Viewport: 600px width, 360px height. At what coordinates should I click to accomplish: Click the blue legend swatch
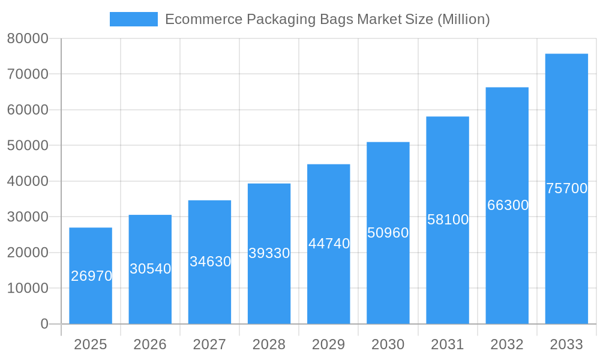pos(134,19)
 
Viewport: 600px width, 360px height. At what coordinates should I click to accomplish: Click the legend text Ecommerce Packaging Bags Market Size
pos(327,19)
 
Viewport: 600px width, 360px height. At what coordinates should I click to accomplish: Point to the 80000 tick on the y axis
pos(28,38)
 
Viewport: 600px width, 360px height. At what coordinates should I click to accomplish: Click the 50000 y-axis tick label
pos(28,146)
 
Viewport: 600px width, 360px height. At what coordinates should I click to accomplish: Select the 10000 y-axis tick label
pos(28,288)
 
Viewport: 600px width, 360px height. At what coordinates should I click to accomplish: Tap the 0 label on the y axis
pos(44,324)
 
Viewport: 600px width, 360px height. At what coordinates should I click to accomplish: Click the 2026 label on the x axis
pos(150,344)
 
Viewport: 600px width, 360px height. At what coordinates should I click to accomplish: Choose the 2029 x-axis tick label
pos(328,344)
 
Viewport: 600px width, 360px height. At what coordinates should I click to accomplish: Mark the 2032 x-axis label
pos(507,344)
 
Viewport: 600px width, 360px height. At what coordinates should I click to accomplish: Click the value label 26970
pos(91,276)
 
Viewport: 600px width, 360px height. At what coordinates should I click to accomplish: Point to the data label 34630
pos(210,262)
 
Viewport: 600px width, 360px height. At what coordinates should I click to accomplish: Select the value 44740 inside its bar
pos(329,244)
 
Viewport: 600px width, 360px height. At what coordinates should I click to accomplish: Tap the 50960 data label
pos(388,233)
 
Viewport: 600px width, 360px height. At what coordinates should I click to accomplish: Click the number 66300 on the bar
pos(508,205)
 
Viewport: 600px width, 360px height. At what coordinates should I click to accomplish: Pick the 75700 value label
pos(566,188)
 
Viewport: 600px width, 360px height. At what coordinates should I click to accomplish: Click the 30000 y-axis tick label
pos(28,217)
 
